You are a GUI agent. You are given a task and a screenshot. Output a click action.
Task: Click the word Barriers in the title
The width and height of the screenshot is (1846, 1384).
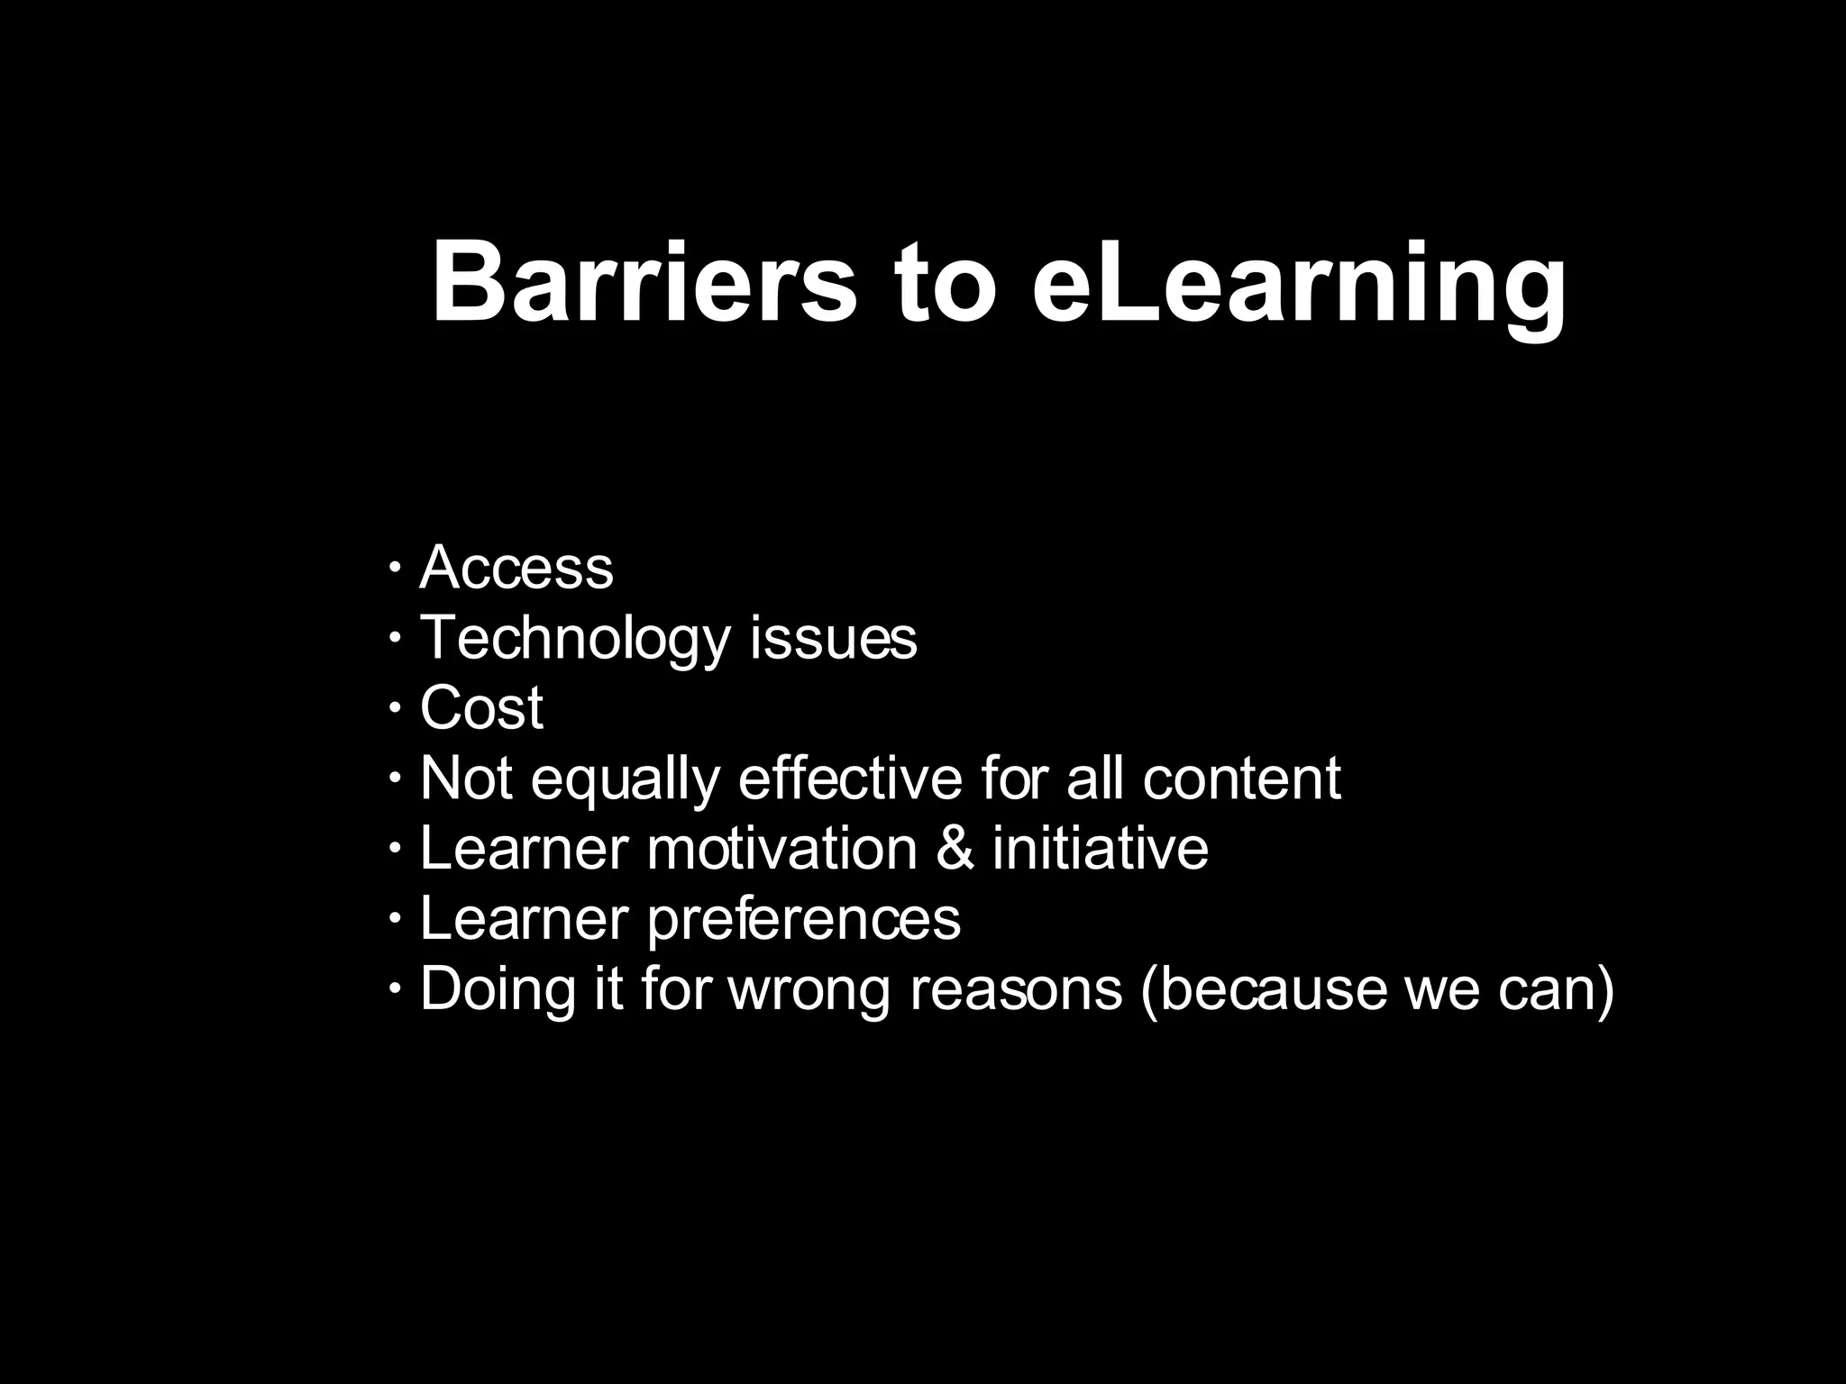point(644,281)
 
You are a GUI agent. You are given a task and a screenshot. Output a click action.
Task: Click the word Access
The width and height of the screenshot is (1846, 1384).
point(516,568)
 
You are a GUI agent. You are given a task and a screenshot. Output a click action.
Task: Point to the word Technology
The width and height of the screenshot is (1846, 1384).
point(575,640)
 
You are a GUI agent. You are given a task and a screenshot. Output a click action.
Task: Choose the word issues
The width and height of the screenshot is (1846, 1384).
point(833,638)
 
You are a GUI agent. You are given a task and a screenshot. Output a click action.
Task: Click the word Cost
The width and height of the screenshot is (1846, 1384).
point(481,708)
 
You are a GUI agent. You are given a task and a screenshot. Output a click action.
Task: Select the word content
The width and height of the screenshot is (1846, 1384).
point(1241,778)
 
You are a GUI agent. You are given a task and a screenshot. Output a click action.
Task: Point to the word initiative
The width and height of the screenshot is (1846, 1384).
point(1100,849)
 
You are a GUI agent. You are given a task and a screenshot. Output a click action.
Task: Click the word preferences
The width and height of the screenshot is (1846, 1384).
point(803,921)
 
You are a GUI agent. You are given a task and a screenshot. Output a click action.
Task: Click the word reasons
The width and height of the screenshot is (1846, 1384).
point(1016,991)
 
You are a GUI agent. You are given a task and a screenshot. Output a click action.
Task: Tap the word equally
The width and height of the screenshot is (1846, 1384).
point(625,780)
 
